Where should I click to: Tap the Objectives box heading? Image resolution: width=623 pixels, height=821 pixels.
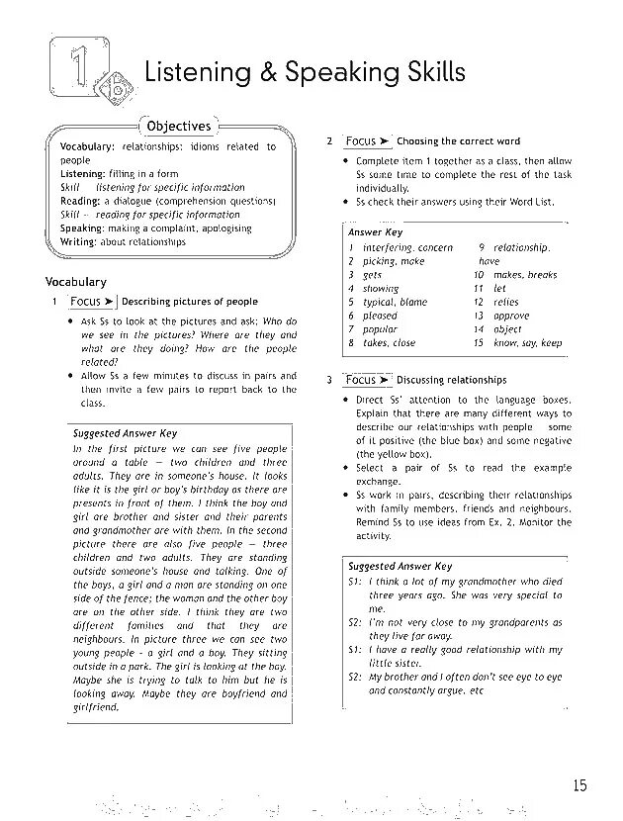179,127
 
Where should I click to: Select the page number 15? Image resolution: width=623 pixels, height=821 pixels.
579,785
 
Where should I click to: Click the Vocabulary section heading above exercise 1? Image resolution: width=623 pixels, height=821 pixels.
76,282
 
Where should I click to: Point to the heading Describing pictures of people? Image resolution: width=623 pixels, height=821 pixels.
189,302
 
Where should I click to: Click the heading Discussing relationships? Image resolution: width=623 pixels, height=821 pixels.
451,380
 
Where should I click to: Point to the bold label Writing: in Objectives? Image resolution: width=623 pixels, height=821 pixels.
78,242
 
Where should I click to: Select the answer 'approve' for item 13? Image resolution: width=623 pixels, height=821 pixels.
511,317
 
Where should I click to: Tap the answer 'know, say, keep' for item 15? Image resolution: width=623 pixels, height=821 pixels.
527,343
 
